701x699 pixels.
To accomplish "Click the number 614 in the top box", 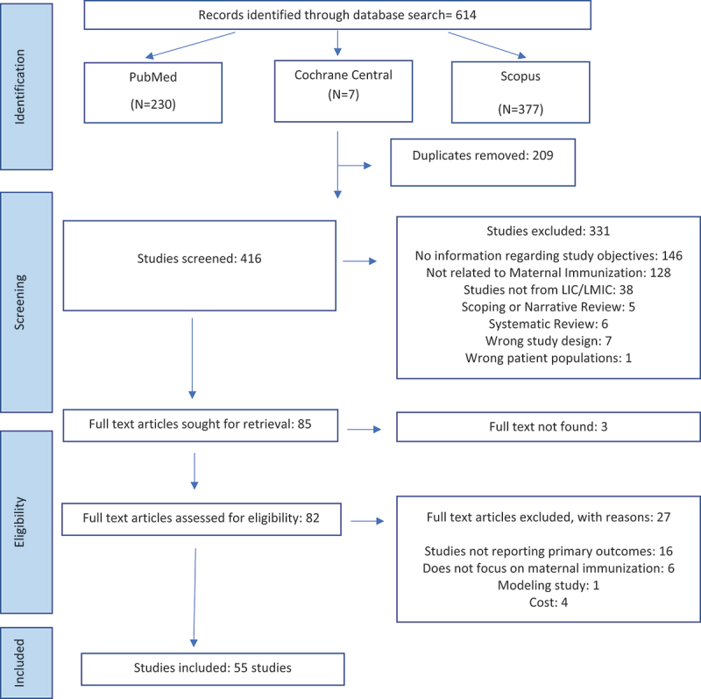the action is click(466, 15).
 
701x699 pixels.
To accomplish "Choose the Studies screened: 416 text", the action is click(199, 259).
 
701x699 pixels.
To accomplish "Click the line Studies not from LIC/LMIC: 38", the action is click(549, 290).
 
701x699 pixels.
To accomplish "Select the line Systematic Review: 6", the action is click(549, 324).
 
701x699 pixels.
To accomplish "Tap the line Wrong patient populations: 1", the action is click(549, 358).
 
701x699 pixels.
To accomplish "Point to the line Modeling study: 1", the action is click(549, 585).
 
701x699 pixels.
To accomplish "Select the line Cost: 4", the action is click(549, 603).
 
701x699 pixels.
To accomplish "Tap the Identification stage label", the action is click(19, 86).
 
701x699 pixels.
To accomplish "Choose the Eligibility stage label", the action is click(19, 522).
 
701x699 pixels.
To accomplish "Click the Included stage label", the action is click(19, 662).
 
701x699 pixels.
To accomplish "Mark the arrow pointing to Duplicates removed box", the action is click(355, 166).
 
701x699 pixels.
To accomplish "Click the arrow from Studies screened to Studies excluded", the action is click(360, 260).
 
